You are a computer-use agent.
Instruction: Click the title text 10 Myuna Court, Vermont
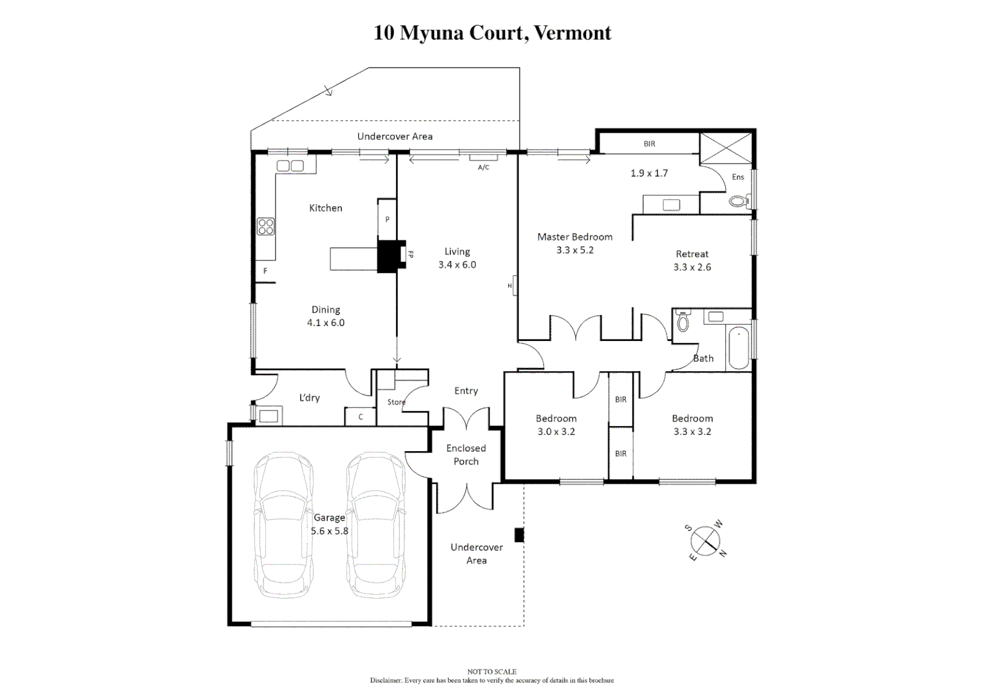click(492, 33)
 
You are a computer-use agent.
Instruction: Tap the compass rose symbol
click(706, 541)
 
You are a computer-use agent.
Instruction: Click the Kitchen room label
click(325, 208)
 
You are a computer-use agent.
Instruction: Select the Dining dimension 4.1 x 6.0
click(325, 323)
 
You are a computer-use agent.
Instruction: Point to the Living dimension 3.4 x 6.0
click(457, 265)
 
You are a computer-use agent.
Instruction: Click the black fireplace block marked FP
click(389, 255)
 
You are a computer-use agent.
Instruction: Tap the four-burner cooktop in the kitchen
click(266, 226)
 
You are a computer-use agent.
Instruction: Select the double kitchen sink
click(290, 166)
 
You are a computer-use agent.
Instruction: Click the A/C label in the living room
click(484, 168)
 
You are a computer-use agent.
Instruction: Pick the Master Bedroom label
click(574, 237)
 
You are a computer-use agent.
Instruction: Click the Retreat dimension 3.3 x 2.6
click(692, 267)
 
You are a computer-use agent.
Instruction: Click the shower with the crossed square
click(726, 149)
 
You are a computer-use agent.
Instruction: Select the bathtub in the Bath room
click(739, 347)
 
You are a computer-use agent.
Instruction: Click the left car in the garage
click(283, 525)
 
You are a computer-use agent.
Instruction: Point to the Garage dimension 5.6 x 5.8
click(329, 532)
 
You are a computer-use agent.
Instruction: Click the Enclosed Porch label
click(466, 455)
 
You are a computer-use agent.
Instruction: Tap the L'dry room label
click(309, 398)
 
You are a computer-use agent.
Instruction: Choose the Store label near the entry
click(396, 402)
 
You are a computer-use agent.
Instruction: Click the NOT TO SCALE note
click(491, 672)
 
